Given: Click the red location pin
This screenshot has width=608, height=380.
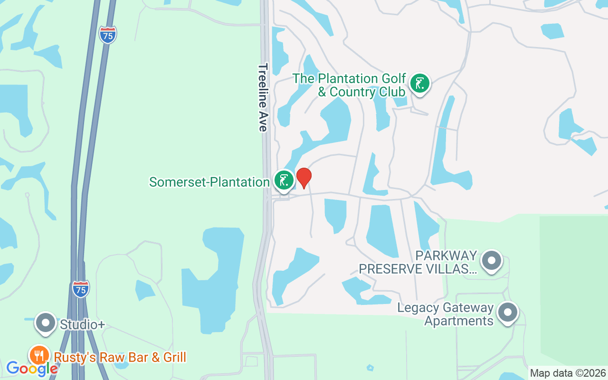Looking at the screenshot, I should (x=304, y=178).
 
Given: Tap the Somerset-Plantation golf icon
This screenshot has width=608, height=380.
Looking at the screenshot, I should (x=284, y=180).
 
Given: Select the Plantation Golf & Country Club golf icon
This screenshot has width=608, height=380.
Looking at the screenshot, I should (x=419, y=84).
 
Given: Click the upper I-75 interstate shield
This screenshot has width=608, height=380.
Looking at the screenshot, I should (x=108, y=35).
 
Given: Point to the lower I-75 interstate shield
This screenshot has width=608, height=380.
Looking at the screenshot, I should (x=81, y=289).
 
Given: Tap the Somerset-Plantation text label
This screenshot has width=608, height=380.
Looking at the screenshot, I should (x=209, y=182).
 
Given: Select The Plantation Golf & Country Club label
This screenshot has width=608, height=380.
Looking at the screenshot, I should (x=349, y=85).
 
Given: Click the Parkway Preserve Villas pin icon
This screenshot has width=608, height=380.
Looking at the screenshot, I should (x=492, y=261).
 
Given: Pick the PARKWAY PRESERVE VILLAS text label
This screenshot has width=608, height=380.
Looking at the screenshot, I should (x=418, y=262).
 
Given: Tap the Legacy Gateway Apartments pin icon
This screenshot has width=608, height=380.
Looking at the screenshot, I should (x=507, y=313).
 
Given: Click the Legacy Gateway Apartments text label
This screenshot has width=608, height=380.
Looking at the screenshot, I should (x=446, y=314).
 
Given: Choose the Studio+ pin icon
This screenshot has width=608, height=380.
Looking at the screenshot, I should (x=46, y=323).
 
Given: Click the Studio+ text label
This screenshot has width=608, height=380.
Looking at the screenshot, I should (x=82, y=324).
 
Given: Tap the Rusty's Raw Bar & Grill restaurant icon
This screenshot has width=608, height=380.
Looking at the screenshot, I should (x=39, y=356).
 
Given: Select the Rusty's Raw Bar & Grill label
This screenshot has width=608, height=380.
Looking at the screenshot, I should (x=120, y=357).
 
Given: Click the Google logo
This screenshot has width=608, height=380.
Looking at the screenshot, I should (x=32, y=368).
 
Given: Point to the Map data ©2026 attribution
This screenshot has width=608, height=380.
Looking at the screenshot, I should (x=568, y=373).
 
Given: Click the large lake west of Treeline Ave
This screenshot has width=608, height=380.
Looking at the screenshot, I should (x=216, y=280).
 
